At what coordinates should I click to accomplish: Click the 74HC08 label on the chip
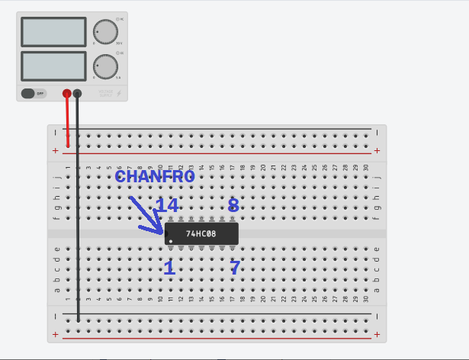(x=201, y=234)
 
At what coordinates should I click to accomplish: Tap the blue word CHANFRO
(x=155, y=176)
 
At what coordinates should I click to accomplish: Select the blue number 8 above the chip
(x=233, y=205)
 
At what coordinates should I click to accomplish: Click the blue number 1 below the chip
(x=169, y=268)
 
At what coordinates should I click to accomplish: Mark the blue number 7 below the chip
(x=235, y=268)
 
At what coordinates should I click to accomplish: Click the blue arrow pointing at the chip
(x=145, y=215)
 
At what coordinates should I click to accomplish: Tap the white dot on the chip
(x=171, y=241)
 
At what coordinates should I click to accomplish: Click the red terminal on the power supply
(x=67, y=93)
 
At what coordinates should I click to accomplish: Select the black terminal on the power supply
(x=77, y=93)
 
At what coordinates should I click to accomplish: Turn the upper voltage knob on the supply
(x=104, y=32)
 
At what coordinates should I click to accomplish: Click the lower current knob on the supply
(x=104, y=66)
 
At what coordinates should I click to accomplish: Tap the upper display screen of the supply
(x=54, y=32)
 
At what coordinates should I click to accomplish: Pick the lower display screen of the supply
(x=54, y=66)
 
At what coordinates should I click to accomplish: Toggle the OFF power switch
(x=34, y=93)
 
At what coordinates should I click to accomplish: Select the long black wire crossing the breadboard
(x=78, y=229)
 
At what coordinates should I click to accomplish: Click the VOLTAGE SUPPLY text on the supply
(x=105, y=93)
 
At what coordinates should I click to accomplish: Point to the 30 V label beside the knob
(x=119, y=44)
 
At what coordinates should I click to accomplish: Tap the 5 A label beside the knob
(x=118, y=78)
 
